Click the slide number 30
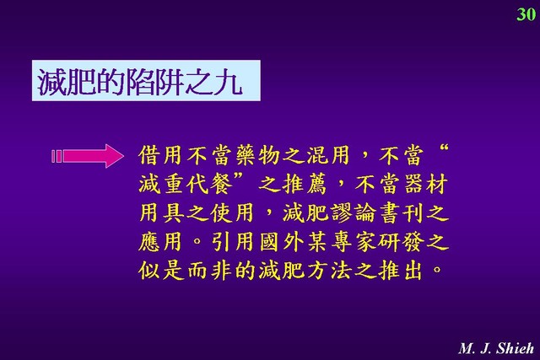[x=526, y=14]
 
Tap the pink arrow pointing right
[x=87, y=156]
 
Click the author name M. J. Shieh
[x=496, y=348]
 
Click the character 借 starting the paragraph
[x=150, y=155]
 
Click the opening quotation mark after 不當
[x=444, y=149]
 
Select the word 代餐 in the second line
[x=210, y=184]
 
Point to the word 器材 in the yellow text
[x=426, y=184]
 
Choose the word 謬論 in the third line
[x=353, y=213]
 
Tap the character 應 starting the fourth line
[x=150, y=242]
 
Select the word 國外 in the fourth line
[x=282, y=242]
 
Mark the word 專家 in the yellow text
[x=353, y=242]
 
